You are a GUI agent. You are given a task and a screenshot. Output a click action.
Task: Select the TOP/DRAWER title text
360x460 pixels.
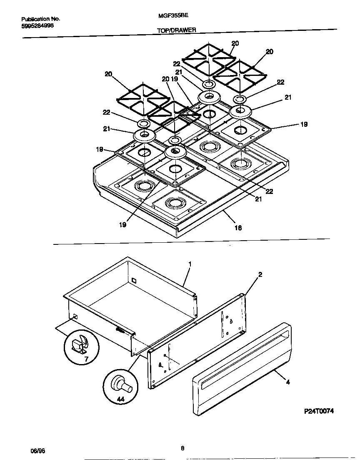point(176,30)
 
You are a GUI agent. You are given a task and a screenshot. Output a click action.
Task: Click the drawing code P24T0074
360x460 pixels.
point(319,411)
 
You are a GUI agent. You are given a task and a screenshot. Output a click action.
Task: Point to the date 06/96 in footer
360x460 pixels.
point(37,451)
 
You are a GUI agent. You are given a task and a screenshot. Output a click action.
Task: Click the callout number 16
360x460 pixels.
point(237,228)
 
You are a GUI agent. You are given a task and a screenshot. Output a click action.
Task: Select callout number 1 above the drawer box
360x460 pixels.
point(190,264)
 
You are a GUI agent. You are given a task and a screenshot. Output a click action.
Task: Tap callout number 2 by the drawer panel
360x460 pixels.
point(260,274)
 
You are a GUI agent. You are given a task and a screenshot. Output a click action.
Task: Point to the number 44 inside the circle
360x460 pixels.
point(120,400)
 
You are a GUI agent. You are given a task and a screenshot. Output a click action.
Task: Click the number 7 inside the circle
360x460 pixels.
point(87,359)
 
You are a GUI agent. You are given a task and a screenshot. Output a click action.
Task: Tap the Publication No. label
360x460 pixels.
point(40,19)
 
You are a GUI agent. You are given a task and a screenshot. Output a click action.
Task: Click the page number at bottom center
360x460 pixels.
point(182,449)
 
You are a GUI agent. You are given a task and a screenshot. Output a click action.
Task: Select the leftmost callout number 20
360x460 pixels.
point(108,74)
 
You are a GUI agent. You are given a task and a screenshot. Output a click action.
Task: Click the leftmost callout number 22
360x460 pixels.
point(107,112)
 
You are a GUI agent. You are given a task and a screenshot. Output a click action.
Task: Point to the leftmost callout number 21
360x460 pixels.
point(107,129)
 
